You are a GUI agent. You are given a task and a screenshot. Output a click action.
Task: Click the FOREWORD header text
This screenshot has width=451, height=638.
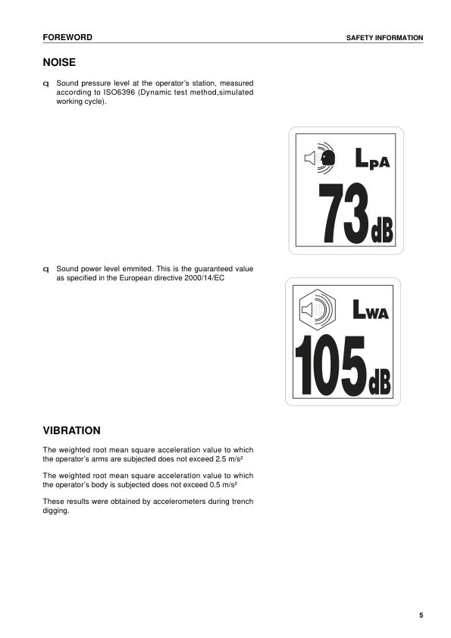click(67, 37)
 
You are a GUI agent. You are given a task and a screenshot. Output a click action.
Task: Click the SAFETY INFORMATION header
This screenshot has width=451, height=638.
click(384, 38)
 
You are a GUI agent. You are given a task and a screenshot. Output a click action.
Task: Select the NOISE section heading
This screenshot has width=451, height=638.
click(59, 62)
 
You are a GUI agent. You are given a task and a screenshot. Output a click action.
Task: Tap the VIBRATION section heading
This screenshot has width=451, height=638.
click(72, 430)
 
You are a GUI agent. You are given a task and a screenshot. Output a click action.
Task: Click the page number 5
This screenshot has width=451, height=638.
click(421, 615)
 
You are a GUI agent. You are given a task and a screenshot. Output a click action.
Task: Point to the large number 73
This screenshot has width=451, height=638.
click(342, 213)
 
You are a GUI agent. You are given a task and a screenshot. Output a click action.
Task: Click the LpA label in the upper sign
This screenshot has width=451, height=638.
click(371, 158)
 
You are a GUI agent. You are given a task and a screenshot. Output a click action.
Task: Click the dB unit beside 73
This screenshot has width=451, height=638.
click(382, 231)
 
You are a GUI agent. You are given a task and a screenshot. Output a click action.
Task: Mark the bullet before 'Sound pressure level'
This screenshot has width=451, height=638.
click(46, 83)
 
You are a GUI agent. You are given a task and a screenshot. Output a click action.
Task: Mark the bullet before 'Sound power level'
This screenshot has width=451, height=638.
click(46, 269)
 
